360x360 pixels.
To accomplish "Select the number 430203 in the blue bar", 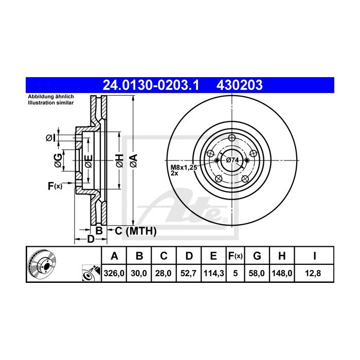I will pos(241,84).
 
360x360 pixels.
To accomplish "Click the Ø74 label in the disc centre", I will pos(232,160).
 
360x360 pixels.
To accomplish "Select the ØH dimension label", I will pos(119,160).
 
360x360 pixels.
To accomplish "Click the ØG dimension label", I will pos(58,160).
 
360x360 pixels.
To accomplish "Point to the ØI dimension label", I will pos(50,137).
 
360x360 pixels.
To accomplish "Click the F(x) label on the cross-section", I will pos(55,186).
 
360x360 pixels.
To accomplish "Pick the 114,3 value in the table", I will pos(213,274).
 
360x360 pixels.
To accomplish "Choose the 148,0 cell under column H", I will pos(283,274).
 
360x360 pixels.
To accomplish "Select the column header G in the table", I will pos(258,256).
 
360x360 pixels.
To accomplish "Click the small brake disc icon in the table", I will pos(40,265).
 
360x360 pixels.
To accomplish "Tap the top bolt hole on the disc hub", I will pos(232,137).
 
